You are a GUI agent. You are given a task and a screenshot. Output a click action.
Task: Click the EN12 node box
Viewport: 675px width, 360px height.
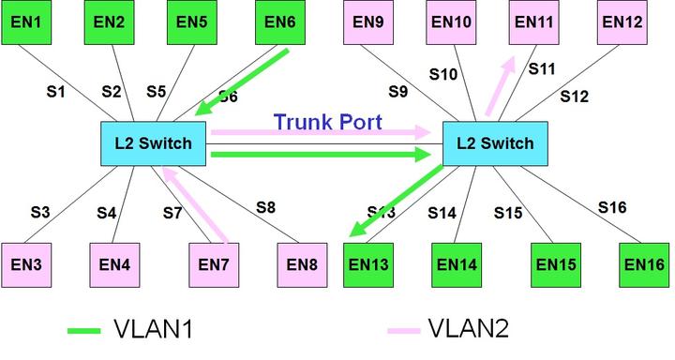622,22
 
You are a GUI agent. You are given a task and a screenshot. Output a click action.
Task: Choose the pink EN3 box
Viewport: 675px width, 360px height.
25,265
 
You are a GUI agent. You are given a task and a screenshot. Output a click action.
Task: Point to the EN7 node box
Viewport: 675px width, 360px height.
214,265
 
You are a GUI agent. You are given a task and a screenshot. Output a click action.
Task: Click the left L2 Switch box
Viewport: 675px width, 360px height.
153,143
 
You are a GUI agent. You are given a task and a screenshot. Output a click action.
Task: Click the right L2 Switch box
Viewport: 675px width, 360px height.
494,143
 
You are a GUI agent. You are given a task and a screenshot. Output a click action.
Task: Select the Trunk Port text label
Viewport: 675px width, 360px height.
328,122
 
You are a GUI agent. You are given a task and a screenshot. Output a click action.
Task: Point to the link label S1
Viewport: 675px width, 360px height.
57,92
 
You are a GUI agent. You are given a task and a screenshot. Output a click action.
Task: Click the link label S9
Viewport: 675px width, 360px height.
399,92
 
